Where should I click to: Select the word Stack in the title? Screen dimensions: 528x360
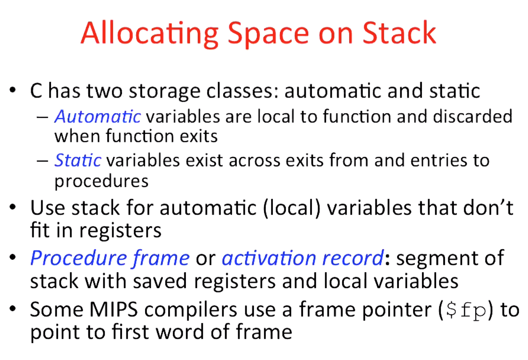click(x=399, y=33)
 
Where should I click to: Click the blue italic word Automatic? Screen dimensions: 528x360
click(x=98, y=117)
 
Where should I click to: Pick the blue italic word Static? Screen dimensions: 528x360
click(x=78, y=160)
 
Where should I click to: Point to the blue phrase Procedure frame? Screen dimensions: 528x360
click(x=110, y=259)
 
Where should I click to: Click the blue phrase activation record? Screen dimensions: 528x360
click(x=303, y=258)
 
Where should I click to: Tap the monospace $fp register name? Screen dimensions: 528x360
click(x=466, y=310)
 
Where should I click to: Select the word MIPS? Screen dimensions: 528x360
click(x=114, y=309)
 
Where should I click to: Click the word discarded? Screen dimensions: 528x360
click(x=473, y=117)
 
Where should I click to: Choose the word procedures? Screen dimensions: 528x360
click(x=101, y=181)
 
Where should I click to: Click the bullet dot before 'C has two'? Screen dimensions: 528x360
click(x=13, y=90)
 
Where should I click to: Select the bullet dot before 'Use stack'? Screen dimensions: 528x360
click(x=13, y=207)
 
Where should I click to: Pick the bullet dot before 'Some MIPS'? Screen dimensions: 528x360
click(x=13, y=309)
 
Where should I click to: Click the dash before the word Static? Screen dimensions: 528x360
click(x=43, y=161)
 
